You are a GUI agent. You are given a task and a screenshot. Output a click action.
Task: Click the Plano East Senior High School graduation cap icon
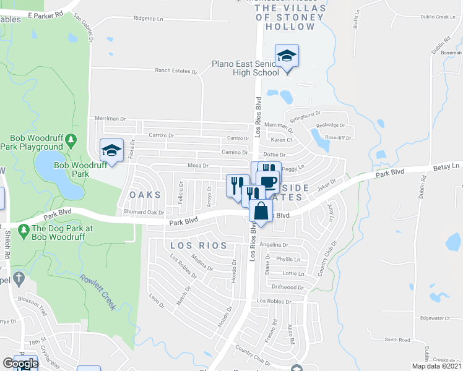pyautogui.click(x=287, y=56)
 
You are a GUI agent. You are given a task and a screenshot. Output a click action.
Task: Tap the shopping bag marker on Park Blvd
pyautogui.click(x=261, y=210)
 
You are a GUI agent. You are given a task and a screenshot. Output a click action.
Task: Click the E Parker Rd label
pyautogui.click(x=46, y=13)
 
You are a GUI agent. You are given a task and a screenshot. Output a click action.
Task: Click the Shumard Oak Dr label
pyautogui.click(x=143, y=211)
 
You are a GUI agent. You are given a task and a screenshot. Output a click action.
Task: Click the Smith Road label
pyautogui.click(x=397, y=339)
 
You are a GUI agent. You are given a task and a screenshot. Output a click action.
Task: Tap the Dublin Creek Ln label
pyautogui.click(x=432, y=17)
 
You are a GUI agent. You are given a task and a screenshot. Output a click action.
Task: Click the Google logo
pyautogui.click(x=20, y=364)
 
